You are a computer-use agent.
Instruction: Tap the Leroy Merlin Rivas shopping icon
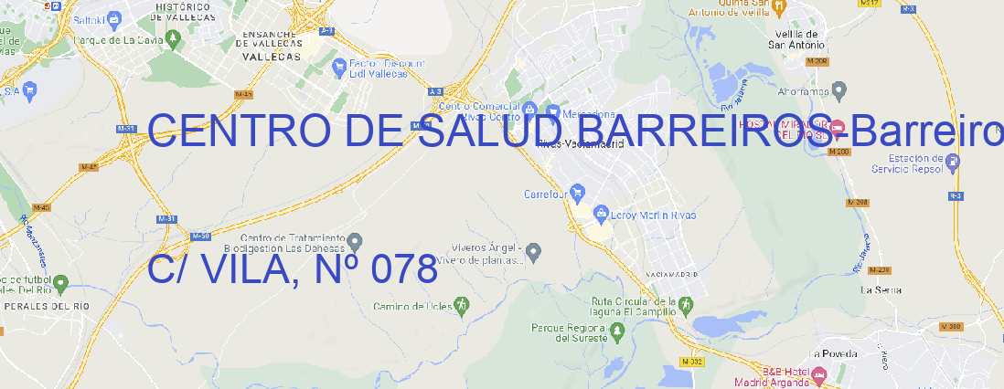pyautogui.click(x=601, y=215)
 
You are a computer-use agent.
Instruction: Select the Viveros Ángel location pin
pyautogui.click(x=536, y=251)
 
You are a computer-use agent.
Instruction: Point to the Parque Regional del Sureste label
pyautogui.click(x=569, y=331)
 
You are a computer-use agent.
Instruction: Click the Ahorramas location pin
pyautogui.click(x=839, y=90)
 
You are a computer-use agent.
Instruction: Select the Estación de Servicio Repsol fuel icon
pyautogui.click(x=953, y=163)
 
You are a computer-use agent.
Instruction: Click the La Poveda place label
pyautogui.click(x=833, y=353)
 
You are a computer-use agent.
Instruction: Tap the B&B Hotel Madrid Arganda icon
pyautogui.click(x=819, y=374)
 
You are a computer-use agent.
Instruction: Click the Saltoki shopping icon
pyautogui.click(x=113, y=17)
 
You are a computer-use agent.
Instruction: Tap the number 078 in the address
pyautogui.click(x=399, y=269)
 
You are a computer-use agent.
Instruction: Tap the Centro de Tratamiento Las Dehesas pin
pyautogui.click(x=357, y=240)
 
